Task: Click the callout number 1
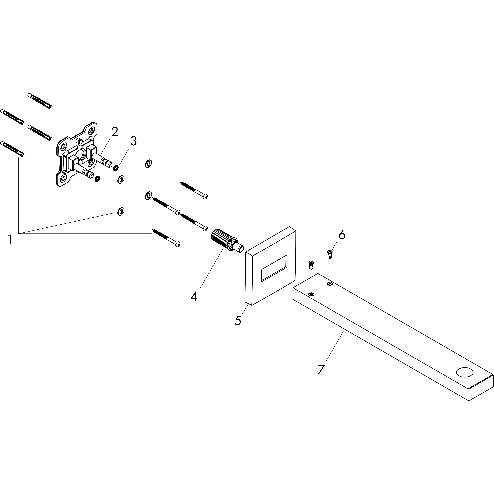(10, 239)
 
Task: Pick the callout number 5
(238, 320)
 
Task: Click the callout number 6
(342, 235)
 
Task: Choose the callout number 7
(321, 370)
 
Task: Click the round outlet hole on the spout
(465, 372)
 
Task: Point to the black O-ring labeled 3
(116, 168)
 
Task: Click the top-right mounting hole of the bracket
(91, 131)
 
